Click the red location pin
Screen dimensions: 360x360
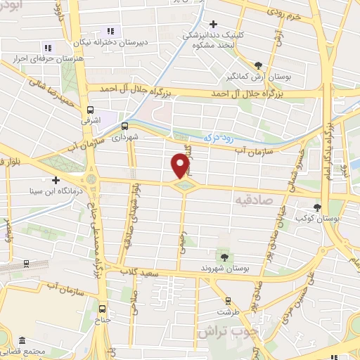click(x=181, y=165)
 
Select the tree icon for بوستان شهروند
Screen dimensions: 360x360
click(x=224, y=254)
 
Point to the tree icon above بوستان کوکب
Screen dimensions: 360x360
click(x=318, y=207)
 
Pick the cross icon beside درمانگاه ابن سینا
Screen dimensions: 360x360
click(x=56, y=180)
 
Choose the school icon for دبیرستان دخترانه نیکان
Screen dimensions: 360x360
click(x=110, y=31)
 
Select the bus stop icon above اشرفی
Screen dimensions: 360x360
click(x=90, y=109)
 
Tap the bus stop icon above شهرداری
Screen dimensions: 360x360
click(x=124, y=126)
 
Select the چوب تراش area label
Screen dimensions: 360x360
click(x=230, y=330)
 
